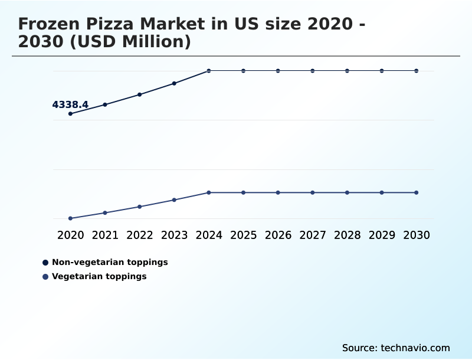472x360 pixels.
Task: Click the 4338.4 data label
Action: [70, 105]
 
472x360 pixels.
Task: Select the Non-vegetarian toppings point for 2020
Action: [70, 113]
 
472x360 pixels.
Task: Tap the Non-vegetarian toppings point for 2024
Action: [209, 71]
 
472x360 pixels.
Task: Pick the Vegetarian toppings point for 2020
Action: [70, 218]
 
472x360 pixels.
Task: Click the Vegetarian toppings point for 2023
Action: [174, 200]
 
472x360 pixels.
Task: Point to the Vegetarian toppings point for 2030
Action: [416, 192]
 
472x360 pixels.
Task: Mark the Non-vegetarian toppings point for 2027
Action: [313, 71]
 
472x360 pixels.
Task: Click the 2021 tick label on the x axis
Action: [105, 235]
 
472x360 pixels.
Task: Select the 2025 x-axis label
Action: [243, 235]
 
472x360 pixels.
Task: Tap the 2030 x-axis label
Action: [416, 235]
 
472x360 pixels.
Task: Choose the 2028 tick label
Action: [347, 235]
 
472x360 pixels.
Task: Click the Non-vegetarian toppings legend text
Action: [110, 262]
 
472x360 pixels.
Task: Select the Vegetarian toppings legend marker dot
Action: [45, 277]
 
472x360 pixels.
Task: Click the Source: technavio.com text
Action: [396, 348]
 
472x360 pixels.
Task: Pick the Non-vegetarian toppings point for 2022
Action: [140, 94]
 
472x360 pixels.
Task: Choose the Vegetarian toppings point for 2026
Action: [278, 192]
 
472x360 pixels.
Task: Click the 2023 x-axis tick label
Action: [174, 235]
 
